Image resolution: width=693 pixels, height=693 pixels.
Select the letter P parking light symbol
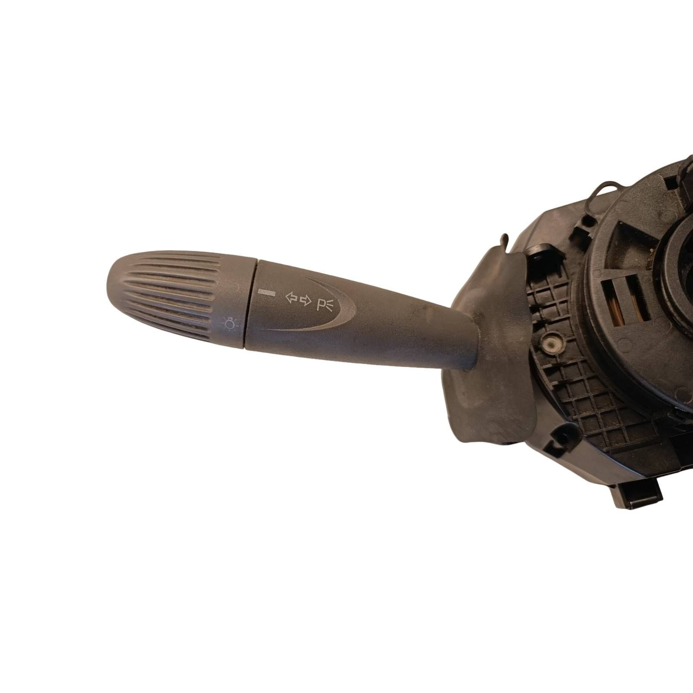point(326,305)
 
